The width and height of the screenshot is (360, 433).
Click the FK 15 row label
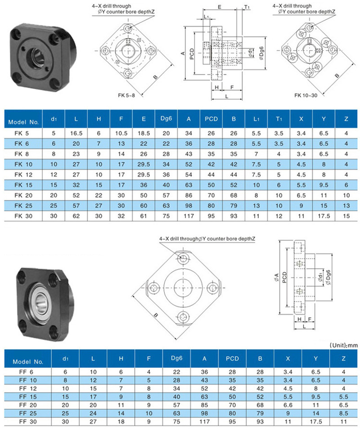pyautogui.click(x=23, y=185)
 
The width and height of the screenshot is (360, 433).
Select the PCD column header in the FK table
pyautogui.click(x=211, y=119)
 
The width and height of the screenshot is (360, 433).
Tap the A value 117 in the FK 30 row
pyautogui.click(x=189, y=216)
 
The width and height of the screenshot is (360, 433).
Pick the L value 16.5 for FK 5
pyautogui.click(x=76, y=133)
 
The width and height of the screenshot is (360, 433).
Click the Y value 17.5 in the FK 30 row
pyautogui.click(x=324, y=216)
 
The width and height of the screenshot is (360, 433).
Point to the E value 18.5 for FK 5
pyautogui.click(x=144, y=133)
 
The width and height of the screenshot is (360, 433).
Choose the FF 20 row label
pyautogui.click(x=28, y=405)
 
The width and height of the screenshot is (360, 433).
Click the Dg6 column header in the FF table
pyautogui.click(x=177, y=358)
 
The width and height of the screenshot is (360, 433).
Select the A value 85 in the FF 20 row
pyautogui.click(x=205, y=405)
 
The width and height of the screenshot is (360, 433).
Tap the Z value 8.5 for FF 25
pyautogui.click(x=343, y=413)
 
